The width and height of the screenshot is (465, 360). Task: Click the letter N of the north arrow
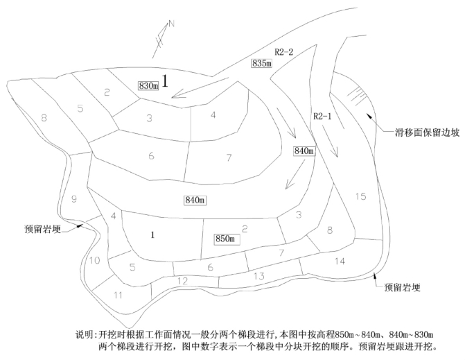[173, 26]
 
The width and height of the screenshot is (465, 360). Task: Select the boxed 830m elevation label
[149, 85]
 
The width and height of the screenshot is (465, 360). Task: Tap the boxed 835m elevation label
[261, 62]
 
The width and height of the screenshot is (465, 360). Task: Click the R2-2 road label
[284, 51]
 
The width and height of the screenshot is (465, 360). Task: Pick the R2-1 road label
[323, 117]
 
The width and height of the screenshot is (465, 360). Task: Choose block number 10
[95, 260]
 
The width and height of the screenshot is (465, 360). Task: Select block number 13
[259, 276]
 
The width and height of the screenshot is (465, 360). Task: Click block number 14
[340, 261]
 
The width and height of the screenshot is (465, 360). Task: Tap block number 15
[360, 196]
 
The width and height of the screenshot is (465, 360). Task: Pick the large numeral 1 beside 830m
[166, 80]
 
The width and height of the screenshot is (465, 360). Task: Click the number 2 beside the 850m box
[244, 228]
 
